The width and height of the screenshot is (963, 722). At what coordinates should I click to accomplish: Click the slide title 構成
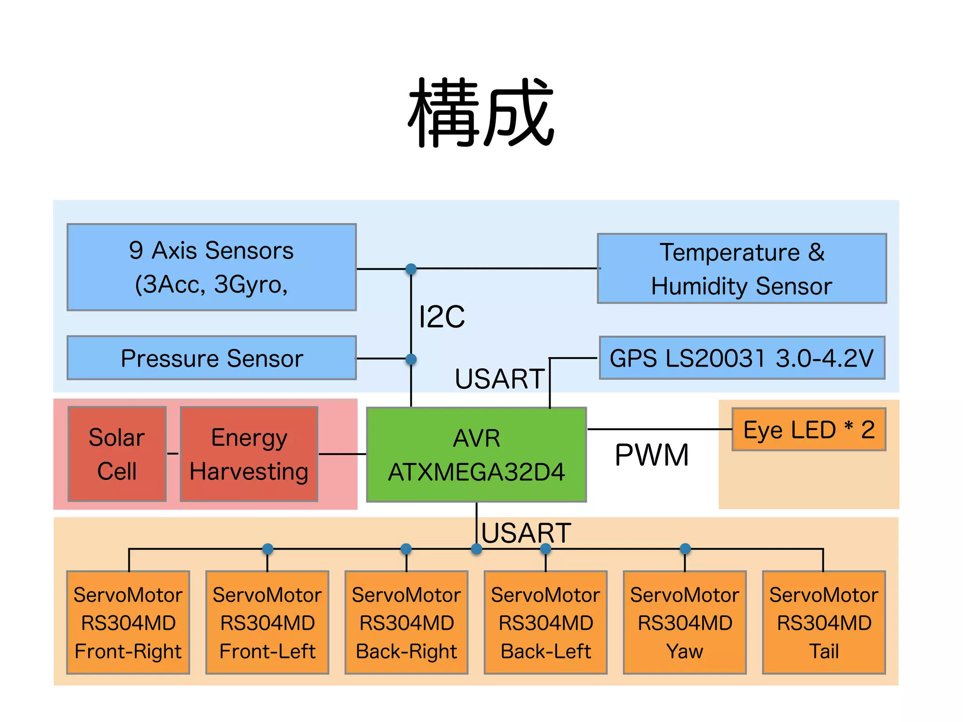[481, 113]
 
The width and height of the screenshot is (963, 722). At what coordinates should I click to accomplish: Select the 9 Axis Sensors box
[212, 267]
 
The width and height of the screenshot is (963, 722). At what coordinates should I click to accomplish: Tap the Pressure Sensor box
[212, 358]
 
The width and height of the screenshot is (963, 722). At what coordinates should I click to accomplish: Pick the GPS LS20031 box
[742, 358]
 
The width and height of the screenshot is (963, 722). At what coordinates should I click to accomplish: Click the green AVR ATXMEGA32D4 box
[476, 455]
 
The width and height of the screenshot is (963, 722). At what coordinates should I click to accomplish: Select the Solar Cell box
[117, 454]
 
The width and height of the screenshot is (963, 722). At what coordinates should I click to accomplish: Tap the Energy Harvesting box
[249, 454]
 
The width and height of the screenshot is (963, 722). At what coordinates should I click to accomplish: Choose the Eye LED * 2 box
[809, 430]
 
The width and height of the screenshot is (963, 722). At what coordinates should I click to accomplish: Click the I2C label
[442, 317]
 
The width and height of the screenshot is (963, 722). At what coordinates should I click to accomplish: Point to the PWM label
[652, 455]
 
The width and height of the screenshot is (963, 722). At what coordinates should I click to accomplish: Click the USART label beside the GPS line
[499, 379]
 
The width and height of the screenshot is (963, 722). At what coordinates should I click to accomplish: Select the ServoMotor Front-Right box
[128, 623]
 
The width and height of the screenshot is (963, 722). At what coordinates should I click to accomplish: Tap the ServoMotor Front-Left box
[267, 623]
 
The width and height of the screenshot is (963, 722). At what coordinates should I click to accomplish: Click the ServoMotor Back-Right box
[406, 623]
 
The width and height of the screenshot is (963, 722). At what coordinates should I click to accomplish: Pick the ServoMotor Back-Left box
[545, 623]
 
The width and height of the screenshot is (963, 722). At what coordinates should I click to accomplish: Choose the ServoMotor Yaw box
[685, 623]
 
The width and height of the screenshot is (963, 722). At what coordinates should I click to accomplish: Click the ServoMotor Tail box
[824, 623]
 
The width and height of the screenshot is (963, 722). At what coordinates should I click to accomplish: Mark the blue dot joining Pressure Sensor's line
[411, 359]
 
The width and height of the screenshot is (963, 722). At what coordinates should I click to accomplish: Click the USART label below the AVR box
[526, 533]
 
